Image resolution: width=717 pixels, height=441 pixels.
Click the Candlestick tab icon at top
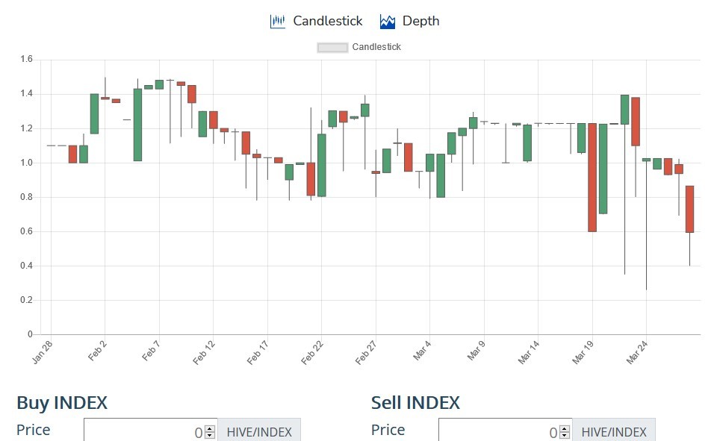point(278,21)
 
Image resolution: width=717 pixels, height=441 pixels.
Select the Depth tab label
point(420,21)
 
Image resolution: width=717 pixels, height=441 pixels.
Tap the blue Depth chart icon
point(388,22)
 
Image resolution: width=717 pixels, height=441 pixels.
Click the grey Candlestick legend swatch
point(332,47)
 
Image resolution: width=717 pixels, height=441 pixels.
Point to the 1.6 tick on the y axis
point(27,59)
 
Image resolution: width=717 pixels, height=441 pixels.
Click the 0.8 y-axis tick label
point(27,197)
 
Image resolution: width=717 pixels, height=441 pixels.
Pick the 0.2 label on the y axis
point(27,300)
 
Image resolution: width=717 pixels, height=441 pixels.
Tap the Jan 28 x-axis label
point(42,352)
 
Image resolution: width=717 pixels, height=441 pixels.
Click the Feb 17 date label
point(258,352)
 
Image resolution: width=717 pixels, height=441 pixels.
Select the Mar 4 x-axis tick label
point(421,351)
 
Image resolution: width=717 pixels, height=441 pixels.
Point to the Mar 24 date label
point(636,352)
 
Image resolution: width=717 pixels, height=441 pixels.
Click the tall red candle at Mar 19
point(592,178)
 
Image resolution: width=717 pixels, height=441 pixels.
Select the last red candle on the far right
point(689,209)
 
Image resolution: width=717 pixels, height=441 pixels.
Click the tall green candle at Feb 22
point(321,165)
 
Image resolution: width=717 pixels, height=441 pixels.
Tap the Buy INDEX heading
point(62,403)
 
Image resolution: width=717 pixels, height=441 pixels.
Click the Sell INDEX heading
point(415,403)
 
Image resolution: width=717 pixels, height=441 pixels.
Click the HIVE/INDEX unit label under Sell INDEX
point(614,432)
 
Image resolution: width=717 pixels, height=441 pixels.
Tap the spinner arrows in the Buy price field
point(210,432)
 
